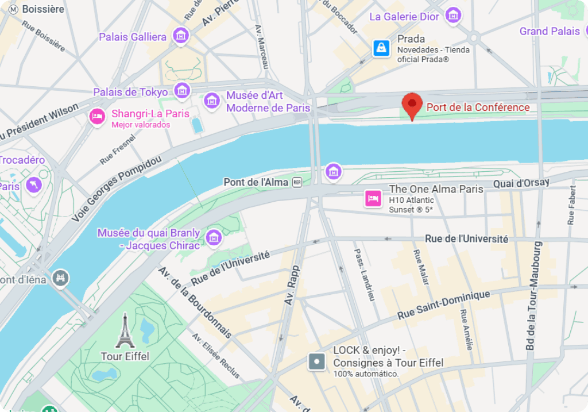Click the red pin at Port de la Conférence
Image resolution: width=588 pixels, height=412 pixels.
coord(412,105)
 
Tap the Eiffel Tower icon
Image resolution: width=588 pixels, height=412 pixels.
coord(125,332)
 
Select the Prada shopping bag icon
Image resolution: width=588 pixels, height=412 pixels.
coord(381,48)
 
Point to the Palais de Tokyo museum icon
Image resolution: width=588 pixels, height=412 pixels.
coord(183,90)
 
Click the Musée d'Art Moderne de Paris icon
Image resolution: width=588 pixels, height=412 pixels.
coord(212,101)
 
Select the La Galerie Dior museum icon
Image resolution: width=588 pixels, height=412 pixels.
coord(454,16)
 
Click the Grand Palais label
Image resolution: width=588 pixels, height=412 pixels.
coord(550,31)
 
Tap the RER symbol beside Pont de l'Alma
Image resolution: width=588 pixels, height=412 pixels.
coord(297,182)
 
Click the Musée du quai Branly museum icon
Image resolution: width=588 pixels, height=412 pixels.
coord(214,237)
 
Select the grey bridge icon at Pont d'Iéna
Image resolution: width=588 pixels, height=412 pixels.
coord(60,279)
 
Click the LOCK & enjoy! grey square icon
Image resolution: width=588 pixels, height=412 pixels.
coord(317,361)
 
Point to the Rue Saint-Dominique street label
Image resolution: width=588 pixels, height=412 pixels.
coord(444,305)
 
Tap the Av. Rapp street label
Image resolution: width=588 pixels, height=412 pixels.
coord(292,285)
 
